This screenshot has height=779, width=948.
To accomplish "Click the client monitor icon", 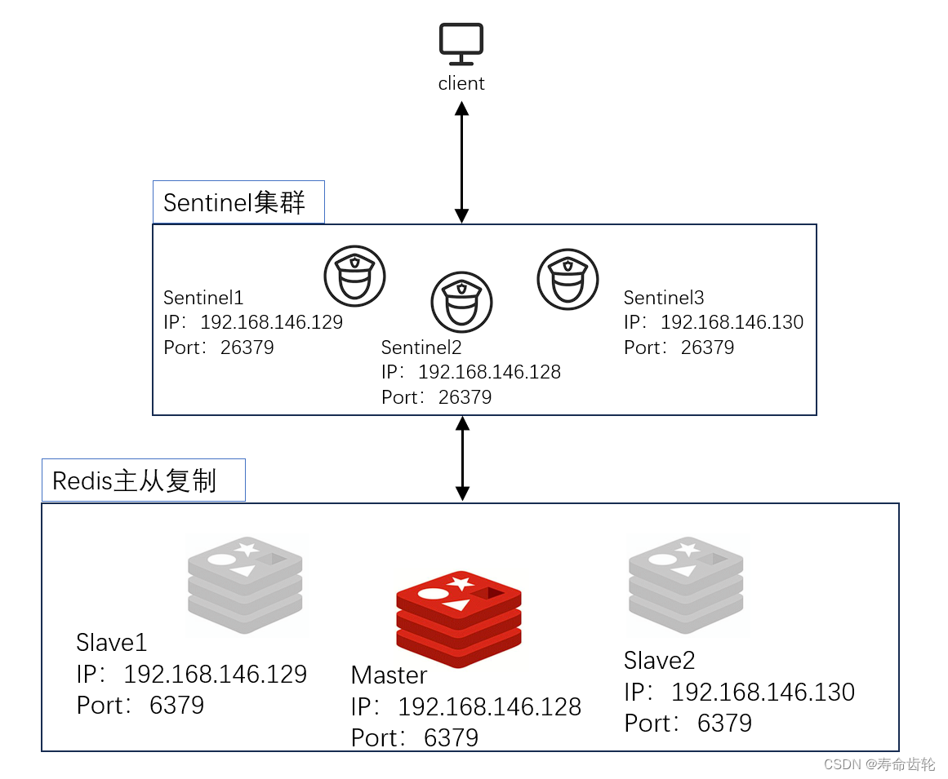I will coord(461,43).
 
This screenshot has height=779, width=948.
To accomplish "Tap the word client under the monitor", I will coord(461,83).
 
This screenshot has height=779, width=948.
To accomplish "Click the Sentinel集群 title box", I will coord(238,202).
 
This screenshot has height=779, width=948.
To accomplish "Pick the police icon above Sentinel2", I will coord(461,302).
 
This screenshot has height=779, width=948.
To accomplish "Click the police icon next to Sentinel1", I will coord(354,276).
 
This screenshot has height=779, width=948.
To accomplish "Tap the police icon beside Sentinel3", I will coord(567,279).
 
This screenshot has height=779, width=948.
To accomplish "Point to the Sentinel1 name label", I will coord(203,298).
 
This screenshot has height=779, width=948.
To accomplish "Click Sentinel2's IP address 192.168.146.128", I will coord(488,372).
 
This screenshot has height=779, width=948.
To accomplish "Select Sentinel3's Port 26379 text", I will coord(679,347).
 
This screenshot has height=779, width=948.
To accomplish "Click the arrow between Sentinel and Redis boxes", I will coord(462,458).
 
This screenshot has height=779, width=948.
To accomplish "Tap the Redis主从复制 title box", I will coord(144,480).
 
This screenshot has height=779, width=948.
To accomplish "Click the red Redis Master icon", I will coord(458,617).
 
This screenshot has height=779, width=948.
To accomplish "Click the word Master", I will coord(389,675).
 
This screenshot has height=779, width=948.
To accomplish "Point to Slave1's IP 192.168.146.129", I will coord(214,674).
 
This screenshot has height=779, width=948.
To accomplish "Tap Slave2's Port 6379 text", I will coord(688,723).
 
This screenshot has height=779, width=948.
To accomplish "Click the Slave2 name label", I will coord(659,660).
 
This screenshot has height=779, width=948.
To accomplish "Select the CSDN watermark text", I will coord(879,764).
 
